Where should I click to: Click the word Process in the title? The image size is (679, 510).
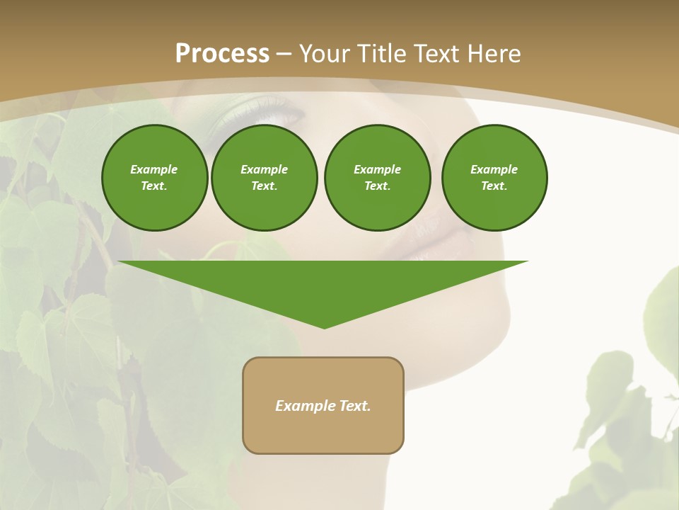(222, 54)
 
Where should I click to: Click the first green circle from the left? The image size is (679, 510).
(154, 178)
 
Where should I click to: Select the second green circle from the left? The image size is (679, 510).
(264, 178)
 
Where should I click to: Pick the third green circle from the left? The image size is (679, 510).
(377, 178)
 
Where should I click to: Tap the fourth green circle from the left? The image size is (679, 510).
(494, 178)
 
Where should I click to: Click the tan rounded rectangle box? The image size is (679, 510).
(323, 405)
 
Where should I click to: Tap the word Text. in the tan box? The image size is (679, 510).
(356, 406)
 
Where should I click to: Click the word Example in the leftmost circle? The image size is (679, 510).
(154, 169)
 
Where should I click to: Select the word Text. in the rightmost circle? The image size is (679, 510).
(494, 186)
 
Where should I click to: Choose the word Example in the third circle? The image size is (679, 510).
(377, 169)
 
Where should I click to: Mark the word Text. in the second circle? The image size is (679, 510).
(264, 186)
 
